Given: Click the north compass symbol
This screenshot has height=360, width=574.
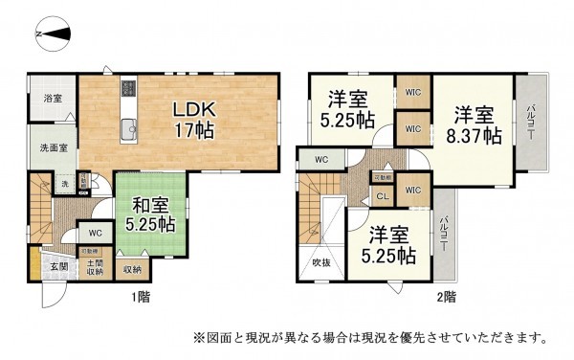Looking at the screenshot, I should [x=54, y=35].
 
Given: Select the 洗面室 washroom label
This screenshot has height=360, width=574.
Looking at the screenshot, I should [x=53, y=147].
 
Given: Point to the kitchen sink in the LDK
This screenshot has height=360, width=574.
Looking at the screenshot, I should [x=128, y=127].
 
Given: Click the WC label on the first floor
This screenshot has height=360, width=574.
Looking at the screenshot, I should [x=95, y=233].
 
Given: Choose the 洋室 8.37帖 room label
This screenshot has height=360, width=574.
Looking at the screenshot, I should [x=475, y=124].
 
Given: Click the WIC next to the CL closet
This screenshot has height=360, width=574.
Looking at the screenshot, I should [x=412, y=191].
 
